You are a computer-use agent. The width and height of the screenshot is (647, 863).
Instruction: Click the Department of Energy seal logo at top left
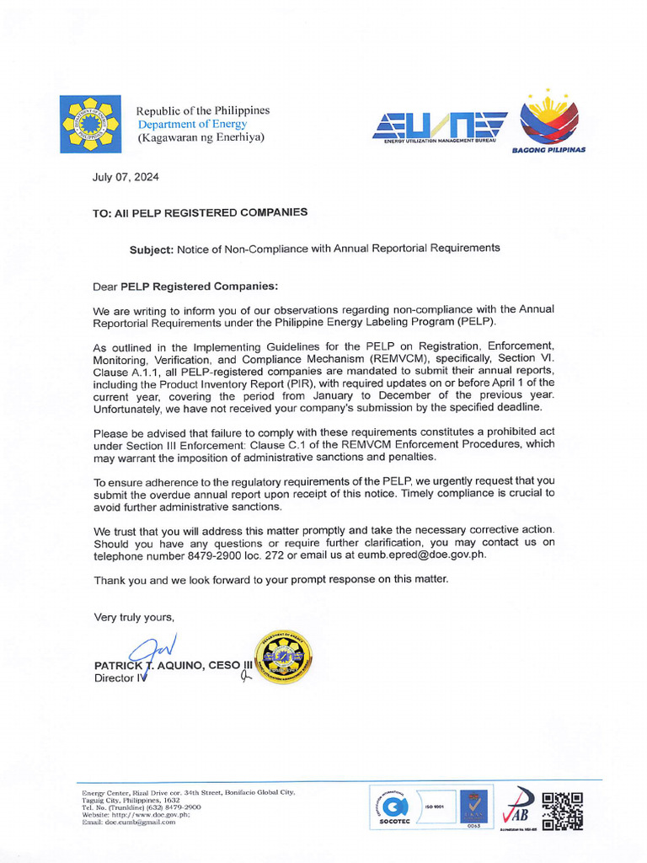90,124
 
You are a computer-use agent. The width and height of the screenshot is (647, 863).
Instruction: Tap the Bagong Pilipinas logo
548,121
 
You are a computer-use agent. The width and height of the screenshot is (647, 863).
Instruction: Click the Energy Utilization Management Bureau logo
440,127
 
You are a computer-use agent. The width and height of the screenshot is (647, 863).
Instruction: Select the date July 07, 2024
126,178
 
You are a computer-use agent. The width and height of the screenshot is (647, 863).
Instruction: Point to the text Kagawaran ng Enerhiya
201,137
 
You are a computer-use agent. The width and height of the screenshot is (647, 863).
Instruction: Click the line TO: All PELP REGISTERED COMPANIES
200,212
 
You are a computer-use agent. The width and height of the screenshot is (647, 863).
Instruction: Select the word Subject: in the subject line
151,249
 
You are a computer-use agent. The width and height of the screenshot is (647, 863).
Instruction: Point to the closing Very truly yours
134,617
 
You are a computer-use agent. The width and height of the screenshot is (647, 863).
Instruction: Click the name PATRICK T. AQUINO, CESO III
173,665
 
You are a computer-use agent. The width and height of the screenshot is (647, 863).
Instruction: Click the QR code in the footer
563,811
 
